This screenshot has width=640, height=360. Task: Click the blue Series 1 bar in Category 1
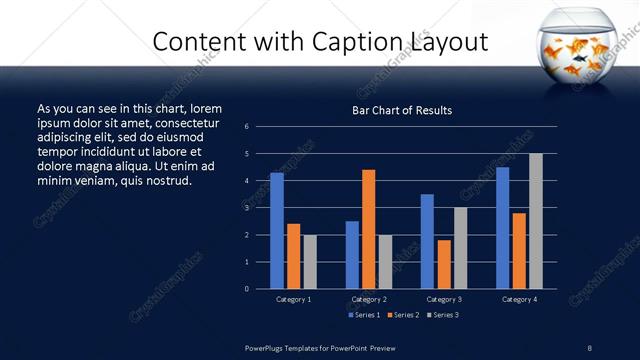point(277,231)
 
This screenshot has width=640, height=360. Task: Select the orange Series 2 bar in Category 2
point(369,229)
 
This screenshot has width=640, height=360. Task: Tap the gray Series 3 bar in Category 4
point(536,221)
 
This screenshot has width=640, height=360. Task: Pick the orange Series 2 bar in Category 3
point(444,264)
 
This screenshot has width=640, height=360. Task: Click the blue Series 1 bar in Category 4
point(503,228)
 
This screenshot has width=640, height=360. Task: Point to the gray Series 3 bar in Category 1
point(310,262)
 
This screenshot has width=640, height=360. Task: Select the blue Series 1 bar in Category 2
point(352,255)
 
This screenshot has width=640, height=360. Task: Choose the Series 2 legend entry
point(403,315)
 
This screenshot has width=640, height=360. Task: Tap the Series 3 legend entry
point(441,315)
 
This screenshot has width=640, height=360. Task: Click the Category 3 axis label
point(444,299)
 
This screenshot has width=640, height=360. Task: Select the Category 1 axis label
point(293,299)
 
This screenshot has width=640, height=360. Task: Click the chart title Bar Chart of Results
point(402,110)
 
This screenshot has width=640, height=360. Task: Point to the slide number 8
point(589,347)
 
